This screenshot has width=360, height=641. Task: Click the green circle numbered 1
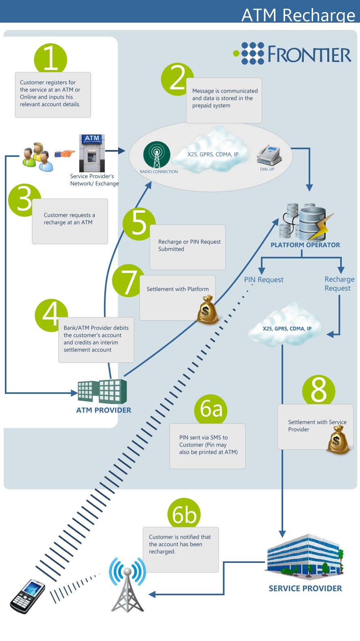coord(51,59)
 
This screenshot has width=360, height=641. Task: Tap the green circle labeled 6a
coord(211,410)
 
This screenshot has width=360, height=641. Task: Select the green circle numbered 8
coord(318,391)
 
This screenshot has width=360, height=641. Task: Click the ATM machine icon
coord(92,153)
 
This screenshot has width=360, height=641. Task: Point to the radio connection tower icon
coord(157,154)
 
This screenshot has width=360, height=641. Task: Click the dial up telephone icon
coord(269,155)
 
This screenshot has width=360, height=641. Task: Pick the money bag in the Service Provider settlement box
coord(338,440)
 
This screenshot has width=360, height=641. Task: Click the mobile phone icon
coord(28,597)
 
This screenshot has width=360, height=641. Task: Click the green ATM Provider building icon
coord(102,391)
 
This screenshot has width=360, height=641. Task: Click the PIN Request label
coord(264,279)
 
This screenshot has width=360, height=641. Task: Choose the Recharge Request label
coord(339,283)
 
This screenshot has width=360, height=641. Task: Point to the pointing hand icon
coord(65,154)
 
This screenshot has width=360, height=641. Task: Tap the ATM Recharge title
coord(299,15)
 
